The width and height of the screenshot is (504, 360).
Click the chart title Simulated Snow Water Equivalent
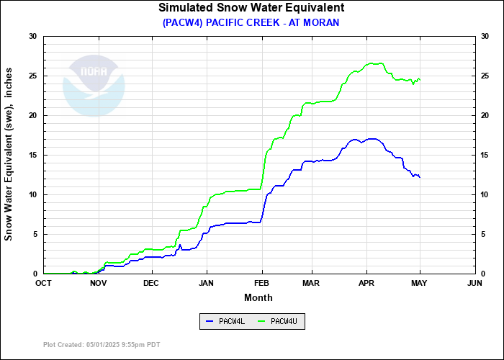point(251,8)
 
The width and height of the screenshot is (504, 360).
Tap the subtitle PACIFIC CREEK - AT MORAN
point(251,22)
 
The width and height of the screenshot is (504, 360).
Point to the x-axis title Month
point(258,297)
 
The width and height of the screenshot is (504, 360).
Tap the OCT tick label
point(44,283)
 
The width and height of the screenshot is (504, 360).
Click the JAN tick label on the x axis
point(207,283)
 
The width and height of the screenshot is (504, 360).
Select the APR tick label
point(367,283)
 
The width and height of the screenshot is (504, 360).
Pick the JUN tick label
point(474,283)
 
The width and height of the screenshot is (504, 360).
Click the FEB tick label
point(261,283)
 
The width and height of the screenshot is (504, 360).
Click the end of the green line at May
point(420,79)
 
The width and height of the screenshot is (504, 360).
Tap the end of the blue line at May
point(420,177)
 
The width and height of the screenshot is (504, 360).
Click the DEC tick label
point(151,283)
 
